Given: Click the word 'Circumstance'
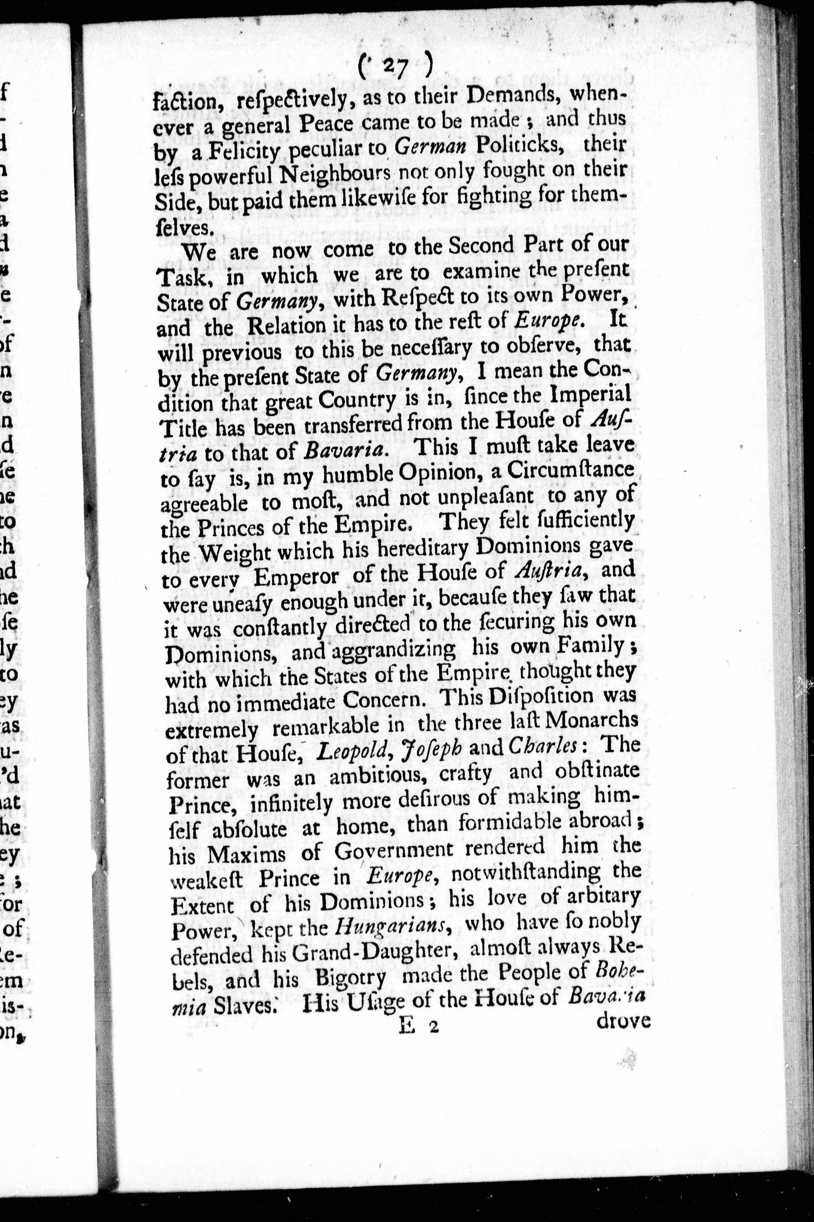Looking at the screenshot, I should [570, 470].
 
